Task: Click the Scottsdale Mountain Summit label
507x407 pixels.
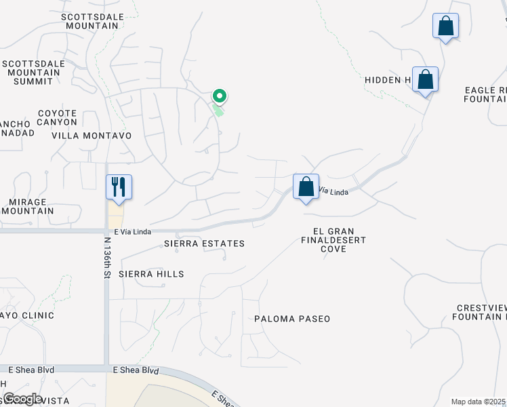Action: click(33, 73)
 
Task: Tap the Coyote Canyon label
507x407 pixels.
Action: click(58, 117)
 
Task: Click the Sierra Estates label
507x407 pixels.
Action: click(204, 244)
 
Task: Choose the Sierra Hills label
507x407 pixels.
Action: click(151, 274)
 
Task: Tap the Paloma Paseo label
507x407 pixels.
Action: click(292, 319)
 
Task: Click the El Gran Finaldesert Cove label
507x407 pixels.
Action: click(333, 240)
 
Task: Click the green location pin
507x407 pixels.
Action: click(219, 97)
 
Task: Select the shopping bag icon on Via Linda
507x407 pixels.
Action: click(306, 185)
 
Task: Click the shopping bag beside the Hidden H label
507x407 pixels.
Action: click(425, 79)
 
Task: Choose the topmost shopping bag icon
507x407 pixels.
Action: click(445, 26)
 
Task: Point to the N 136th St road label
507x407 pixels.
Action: click(107, 257)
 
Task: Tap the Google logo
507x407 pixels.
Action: click(22, 399)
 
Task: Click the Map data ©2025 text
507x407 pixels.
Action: click(478, 402)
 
